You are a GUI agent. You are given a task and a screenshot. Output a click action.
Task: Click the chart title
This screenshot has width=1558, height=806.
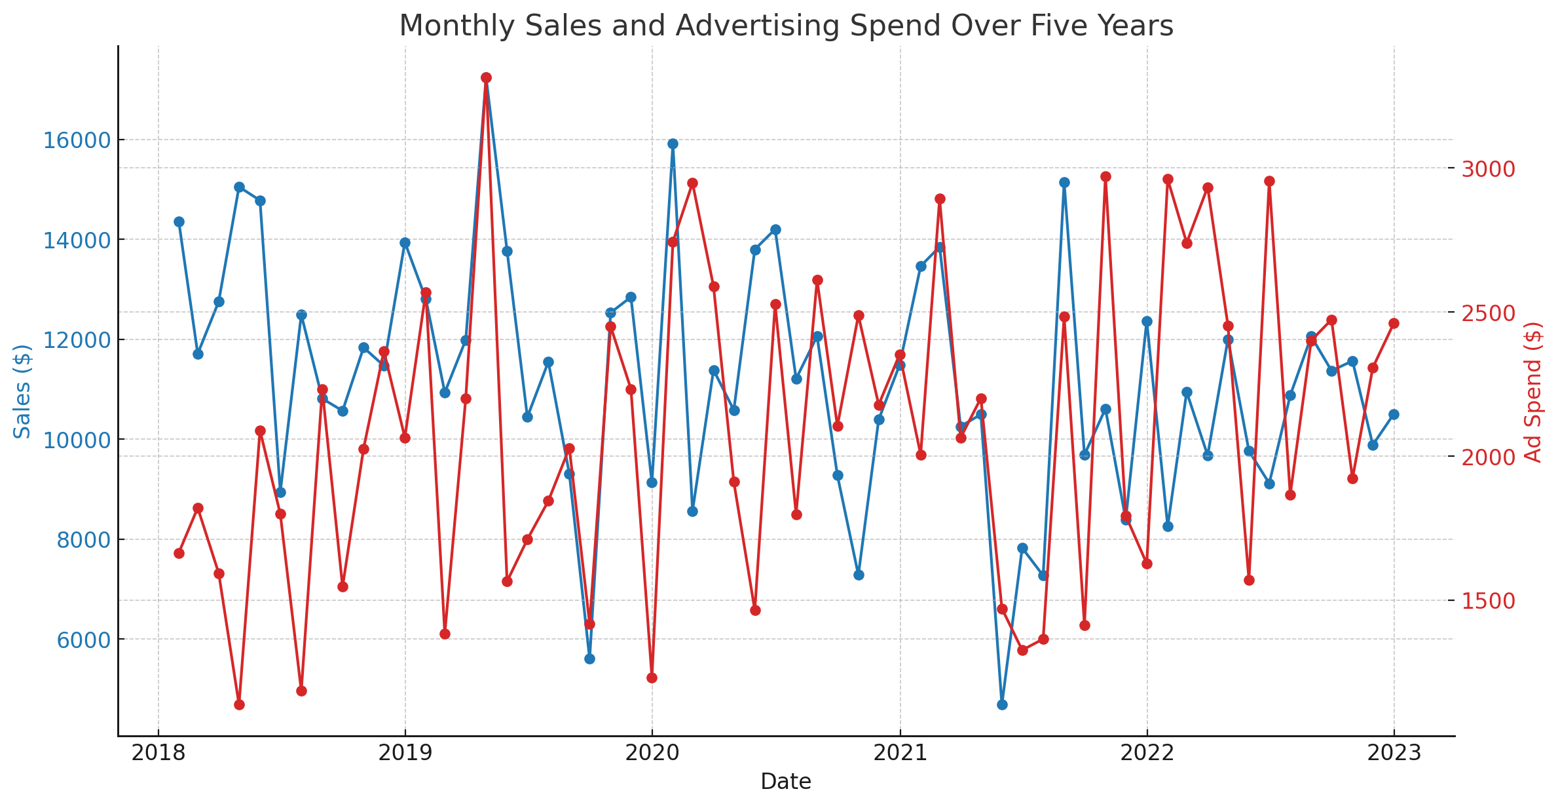[786, 26]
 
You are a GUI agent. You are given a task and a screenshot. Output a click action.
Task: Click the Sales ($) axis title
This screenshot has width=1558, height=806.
[22, 391]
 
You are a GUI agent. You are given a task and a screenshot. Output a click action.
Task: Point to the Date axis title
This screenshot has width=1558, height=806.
[786, 782]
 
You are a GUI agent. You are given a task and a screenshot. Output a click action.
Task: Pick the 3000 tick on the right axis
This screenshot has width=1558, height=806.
[1489, 169]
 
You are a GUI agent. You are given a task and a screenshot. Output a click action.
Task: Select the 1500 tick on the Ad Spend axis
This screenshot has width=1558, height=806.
[1489, 601]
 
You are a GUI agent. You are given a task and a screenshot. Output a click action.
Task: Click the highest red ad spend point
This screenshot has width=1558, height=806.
[486, 78]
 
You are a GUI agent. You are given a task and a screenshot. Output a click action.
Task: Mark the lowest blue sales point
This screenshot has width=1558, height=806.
[1002, 704]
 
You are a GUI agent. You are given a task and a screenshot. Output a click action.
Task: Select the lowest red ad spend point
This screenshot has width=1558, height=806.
[239, 704]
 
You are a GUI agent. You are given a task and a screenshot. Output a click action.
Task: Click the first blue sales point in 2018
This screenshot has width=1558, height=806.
[179, 221]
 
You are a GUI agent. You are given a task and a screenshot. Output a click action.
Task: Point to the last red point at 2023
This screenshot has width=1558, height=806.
[1394, 323]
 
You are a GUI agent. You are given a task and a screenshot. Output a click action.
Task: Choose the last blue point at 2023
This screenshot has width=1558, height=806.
[1394, 414]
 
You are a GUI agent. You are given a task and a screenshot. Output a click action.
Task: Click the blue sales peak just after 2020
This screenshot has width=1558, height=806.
[673, 144]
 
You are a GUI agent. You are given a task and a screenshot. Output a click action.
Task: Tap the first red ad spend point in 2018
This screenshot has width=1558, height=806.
[179, 553]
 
